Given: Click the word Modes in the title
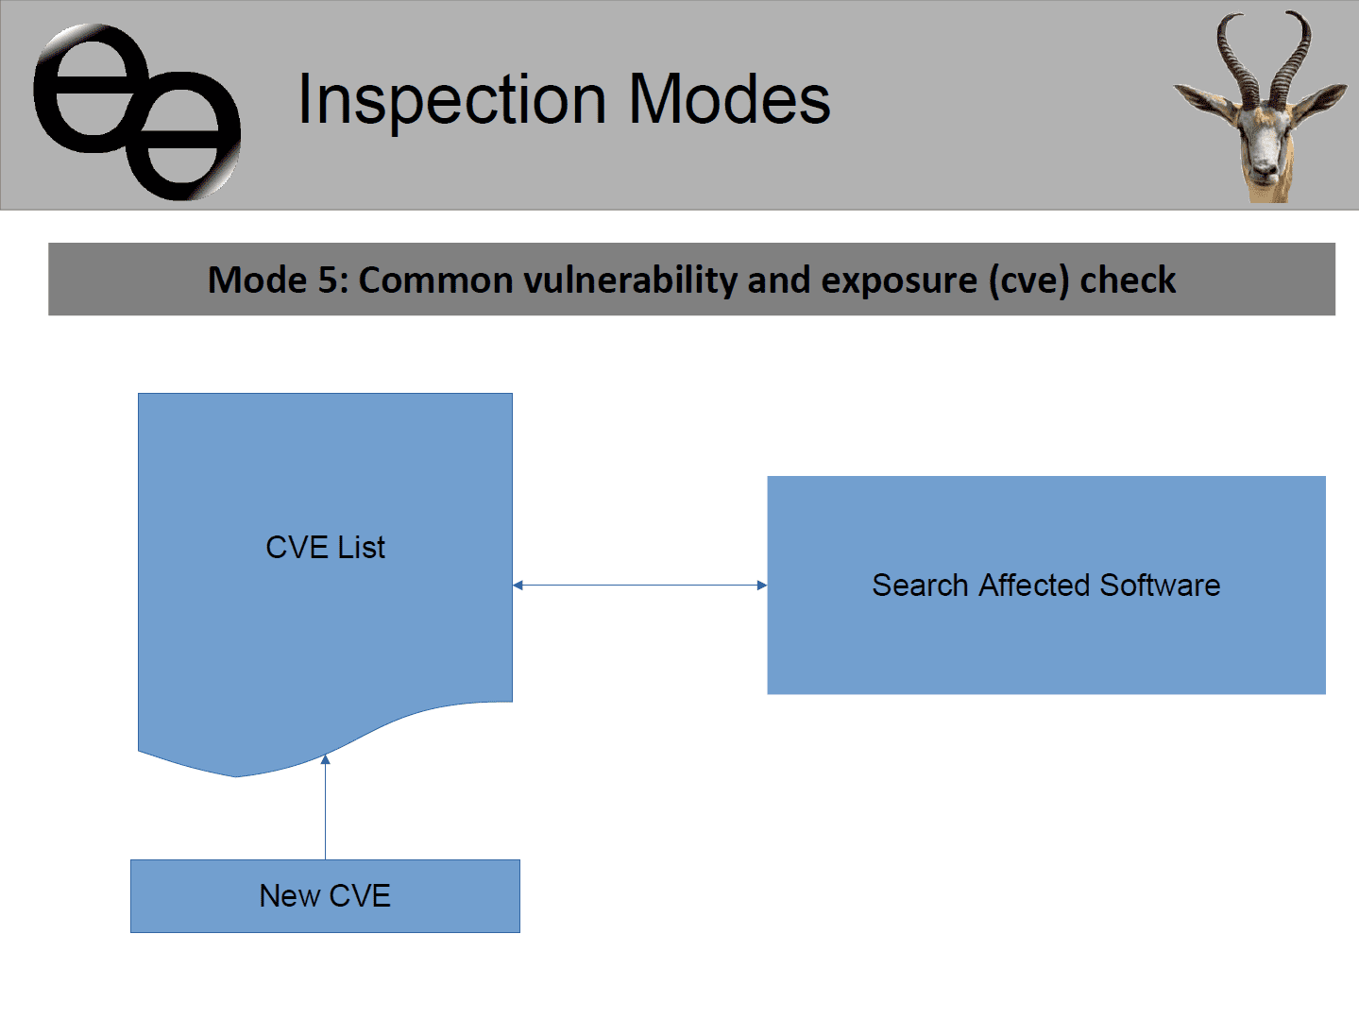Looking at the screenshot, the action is coord(729,98).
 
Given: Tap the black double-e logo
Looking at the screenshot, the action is coord(137,111).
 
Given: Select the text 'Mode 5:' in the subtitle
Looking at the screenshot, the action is coord(279,280).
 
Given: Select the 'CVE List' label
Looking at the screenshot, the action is coord(325,547).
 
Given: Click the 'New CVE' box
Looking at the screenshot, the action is coord(325,896).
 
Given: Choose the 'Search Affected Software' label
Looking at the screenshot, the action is coord(1046,585).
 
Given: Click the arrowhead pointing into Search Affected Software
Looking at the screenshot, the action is coord(762,585).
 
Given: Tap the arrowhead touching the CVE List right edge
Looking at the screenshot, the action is coord(518,585).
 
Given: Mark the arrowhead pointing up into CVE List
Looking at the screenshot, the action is coord(325,759).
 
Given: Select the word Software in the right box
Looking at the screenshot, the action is coord(1161,585).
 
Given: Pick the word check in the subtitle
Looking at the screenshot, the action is coord(1128,280).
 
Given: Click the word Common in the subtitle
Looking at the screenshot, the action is coord(436,280).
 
